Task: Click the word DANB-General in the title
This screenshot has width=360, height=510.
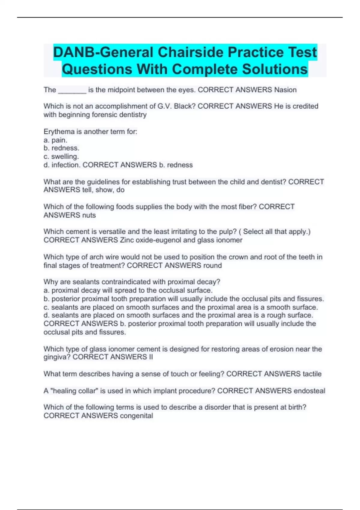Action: pyautogui.click(x=103, y=52)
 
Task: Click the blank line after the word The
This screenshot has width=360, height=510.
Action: pyautogui.click(x=72, y=90)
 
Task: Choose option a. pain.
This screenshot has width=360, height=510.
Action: pyautogui.click(x=55, y=140)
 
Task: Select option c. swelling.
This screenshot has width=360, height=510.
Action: pyautogui.click(x=61, y=157)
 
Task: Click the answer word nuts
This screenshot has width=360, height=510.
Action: pyautogui.click(x=89, y=215)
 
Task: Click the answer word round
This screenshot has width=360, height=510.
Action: pyautogui.click(x=212, y=265)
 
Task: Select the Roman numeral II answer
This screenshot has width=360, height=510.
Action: pyautogui.click(x=151, y=357)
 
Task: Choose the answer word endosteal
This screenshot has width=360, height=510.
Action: pyautogui.click(x=309, y=391)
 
